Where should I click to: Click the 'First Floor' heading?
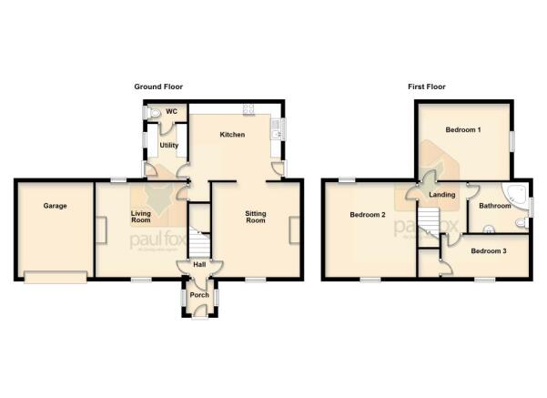pos(426,86)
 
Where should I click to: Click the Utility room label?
pos(169,146)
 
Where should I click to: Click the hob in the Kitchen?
pos(247,109)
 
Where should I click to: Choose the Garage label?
pos(56,206)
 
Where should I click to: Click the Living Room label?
pos(140,218)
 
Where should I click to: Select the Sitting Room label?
pos(256,218)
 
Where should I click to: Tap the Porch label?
pos(199,295)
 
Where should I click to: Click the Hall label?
pos(198,265)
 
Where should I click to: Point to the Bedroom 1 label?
pos(462,130)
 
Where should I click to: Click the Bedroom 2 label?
pos(369,215)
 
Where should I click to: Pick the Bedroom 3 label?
pos(490,250)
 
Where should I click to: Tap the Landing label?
pos(442,195)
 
